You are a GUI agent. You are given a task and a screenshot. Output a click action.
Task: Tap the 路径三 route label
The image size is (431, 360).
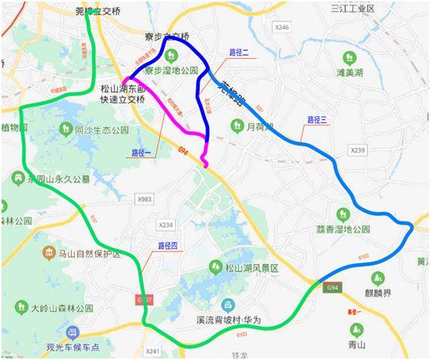coord(317,119)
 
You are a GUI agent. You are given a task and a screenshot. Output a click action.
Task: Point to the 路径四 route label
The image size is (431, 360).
coord(169,245)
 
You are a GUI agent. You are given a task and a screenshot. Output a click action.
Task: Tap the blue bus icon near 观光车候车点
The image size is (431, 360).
coord(72,333)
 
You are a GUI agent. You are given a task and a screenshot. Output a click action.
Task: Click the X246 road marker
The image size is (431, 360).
coord(282,27)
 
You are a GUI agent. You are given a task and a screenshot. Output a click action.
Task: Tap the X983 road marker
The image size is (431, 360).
coord(144,200)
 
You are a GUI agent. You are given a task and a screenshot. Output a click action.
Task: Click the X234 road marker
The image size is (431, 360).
coord(166,225)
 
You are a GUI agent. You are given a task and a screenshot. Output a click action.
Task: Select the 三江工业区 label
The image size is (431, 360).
coord(352,9)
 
